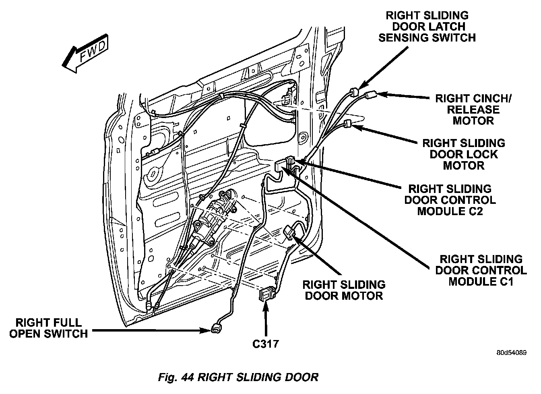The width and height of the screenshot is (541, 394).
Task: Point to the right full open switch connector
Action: coord(215,330)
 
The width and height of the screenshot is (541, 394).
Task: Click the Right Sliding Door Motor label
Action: coord(344,290)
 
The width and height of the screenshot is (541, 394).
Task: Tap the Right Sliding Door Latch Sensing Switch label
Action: coord(427,27)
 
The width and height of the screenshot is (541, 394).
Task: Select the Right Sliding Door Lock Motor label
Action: coord(463,154)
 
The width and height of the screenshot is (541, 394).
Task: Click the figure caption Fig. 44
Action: coord(238,377)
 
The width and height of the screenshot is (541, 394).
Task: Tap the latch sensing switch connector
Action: coord(354,91)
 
